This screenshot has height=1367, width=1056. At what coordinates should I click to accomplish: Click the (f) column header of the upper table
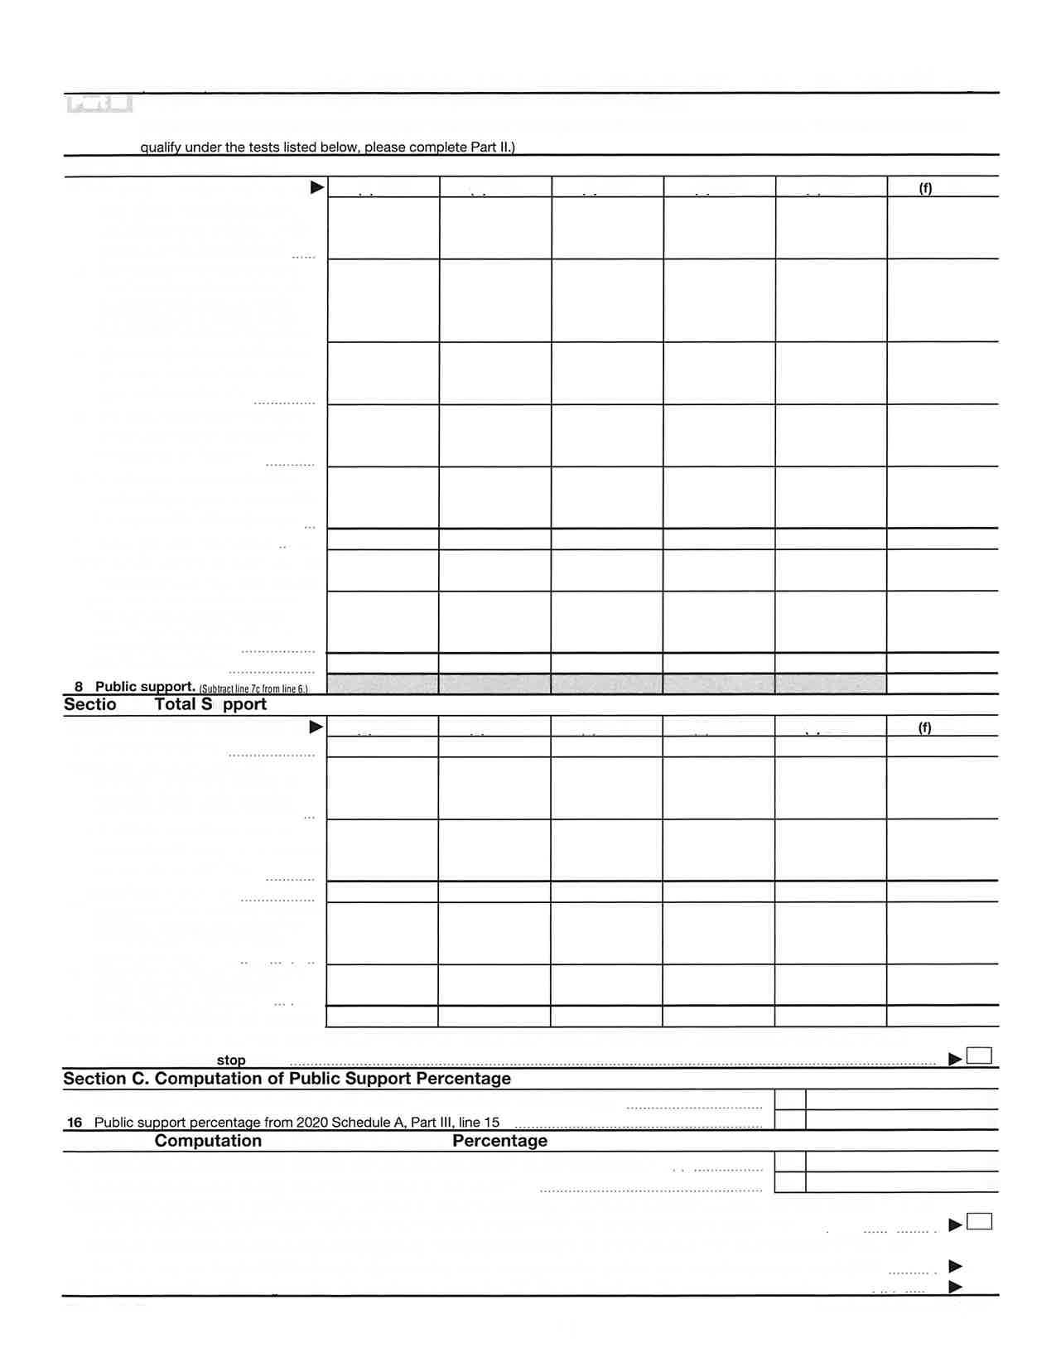pos(925,188)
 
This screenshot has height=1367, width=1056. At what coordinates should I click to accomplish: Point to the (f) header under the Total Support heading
pos(924,727)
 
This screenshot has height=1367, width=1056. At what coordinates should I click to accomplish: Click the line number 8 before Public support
pos(79,687)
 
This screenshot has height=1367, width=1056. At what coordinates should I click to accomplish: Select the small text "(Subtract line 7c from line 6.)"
pos(253,689)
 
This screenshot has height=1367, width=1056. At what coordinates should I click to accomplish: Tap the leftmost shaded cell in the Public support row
pos(383,684)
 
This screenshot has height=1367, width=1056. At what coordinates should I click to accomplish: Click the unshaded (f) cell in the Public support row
pos(943,684)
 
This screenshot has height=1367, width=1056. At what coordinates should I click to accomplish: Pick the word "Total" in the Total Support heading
pos(176,704)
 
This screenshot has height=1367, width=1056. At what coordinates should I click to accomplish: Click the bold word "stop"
pos(231,1060)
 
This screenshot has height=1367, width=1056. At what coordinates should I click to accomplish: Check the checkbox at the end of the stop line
pos(979,1056)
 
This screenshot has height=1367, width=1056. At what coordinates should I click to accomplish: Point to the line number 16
pos(75,1123)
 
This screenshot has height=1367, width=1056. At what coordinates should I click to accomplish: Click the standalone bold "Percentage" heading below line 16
pos(499,1141)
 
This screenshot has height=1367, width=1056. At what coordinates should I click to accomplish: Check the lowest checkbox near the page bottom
pos(979,1222)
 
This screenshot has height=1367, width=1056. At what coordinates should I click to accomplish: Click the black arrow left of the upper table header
pos(317,188)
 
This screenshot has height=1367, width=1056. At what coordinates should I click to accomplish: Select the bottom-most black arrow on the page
pos(955,1287)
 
